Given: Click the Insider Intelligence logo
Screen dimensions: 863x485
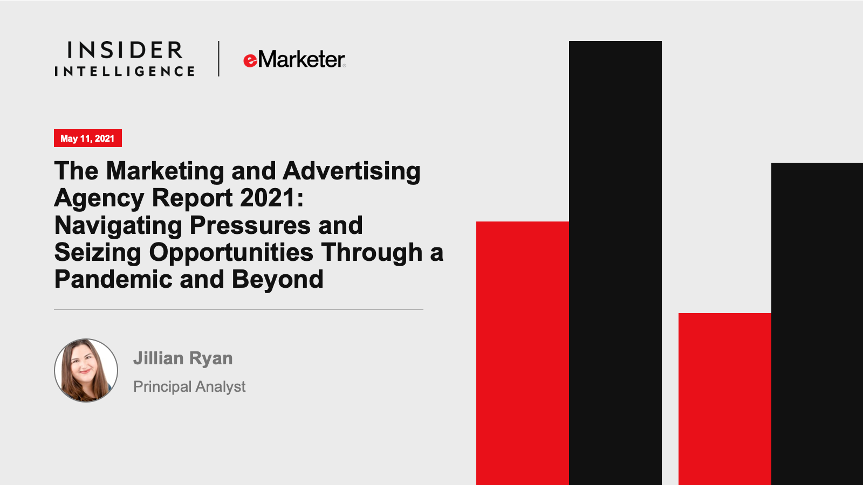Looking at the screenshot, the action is tap(125, 59).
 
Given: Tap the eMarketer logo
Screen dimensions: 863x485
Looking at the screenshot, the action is tap(294, 59).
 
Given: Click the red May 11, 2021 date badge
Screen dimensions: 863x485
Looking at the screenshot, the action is tap(88, 138).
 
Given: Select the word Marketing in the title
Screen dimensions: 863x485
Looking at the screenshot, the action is tap(165, 171).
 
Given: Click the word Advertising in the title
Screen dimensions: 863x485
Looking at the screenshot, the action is tap(351, 171).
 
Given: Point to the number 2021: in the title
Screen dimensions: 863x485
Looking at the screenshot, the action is tap(272, 198).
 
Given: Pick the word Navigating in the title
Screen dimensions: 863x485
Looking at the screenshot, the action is tap(118, 226).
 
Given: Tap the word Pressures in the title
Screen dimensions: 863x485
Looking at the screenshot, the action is tap(250, 225).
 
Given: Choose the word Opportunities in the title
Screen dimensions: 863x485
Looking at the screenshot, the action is tap(231, 253).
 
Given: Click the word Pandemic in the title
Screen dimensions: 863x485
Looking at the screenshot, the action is tap(113, 279).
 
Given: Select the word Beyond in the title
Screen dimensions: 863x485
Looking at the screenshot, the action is tap(277, 280).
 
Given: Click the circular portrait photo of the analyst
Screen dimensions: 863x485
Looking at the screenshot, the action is tap(86, 370).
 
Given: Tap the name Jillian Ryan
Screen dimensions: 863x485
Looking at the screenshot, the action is tap(183, 358).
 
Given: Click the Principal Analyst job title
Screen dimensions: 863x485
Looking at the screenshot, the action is tap(189, 387).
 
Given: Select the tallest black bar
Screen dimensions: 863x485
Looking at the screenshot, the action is tap(615, 263).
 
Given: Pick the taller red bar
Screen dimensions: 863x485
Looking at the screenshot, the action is tap(523, 354).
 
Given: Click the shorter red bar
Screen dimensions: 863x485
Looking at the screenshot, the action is tap(725, 399).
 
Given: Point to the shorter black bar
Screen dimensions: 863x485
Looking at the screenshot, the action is tap(817, 324).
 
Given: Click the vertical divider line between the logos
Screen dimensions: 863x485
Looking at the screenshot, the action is tap(219, 59).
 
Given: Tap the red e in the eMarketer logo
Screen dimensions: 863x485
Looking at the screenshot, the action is tap(250, 60).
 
